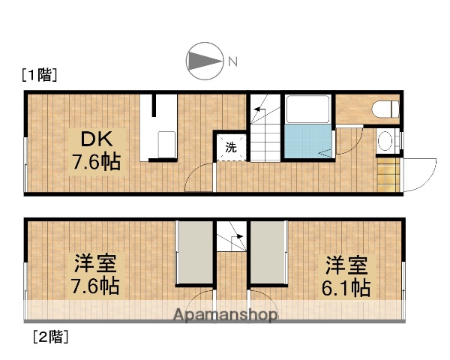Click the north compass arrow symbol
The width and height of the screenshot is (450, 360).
point(204,61)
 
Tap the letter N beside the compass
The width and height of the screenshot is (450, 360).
point(232,61)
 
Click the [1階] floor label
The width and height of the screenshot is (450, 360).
point(40,75)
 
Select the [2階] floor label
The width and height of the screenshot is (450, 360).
point(49,337)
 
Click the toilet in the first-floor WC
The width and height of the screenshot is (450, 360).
point(385,108)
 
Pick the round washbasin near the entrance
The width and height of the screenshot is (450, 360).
point(385,140)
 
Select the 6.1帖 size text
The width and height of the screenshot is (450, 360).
point(347,287)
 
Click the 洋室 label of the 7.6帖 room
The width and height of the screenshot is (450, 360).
point(94,263)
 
